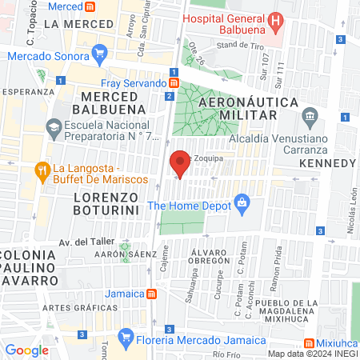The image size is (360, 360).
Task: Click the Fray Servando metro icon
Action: click(174, 82)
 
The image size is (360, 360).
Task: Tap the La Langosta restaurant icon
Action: click(42, 170)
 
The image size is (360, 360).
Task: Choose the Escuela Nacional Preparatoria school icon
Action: click(53, 126)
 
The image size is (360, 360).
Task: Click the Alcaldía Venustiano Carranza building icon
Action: click(309, 118)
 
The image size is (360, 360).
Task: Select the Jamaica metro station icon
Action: click(151, 294)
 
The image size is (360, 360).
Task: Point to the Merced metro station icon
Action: click(90, 6)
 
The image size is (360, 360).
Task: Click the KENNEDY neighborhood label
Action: click(326, 163)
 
